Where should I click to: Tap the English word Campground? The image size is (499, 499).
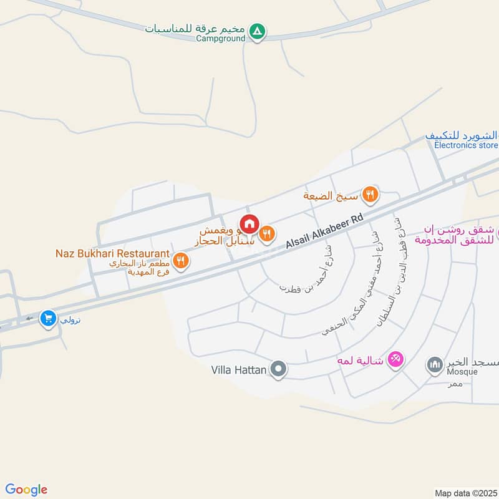(x=221, y=39)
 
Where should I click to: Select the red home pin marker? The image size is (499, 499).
(x=249, y=223)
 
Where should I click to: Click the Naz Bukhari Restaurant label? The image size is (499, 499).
(x=112, y=253)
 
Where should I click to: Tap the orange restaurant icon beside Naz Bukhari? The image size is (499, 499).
(x=181, y=261)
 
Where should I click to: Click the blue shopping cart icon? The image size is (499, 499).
(x=47, y=319)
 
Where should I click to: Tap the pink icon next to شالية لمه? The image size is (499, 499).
(x=395, y=359)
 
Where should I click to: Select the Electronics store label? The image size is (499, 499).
(x=466, y=146)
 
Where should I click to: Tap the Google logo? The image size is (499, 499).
(x=26, y=490)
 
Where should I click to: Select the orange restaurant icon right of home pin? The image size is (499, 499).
(x=268, y=233)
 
